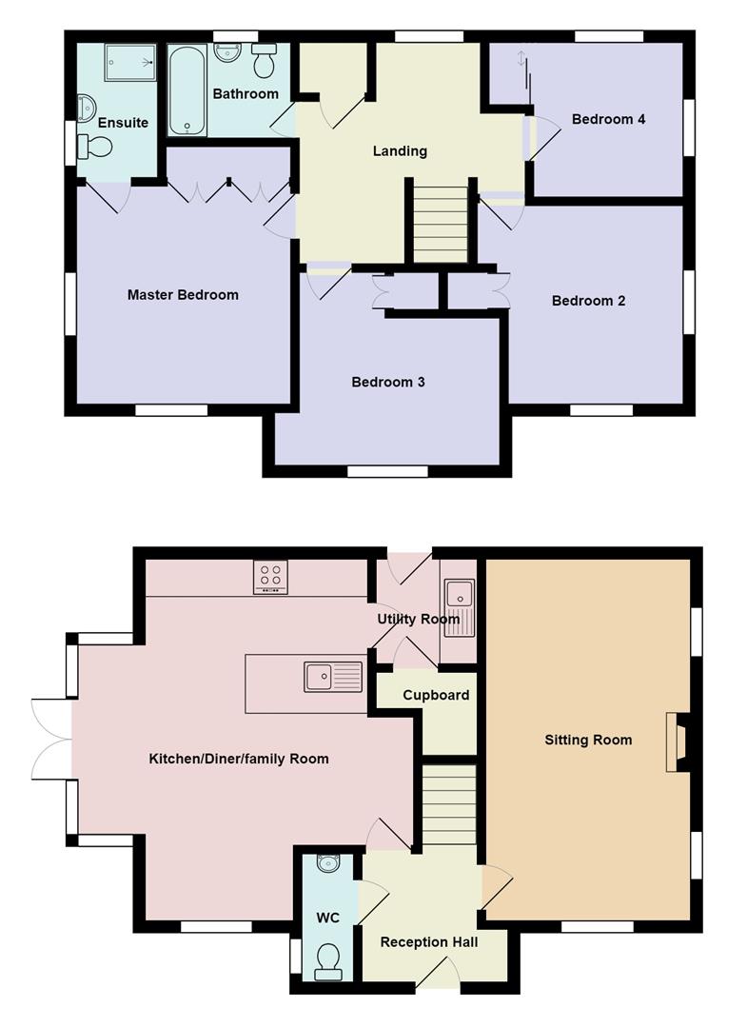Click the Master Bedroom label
183,295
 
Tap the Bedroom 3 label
388,383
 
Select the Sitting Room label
588,741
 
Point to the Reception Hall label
429,942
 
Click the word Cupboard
436,695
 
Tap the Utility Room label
418,619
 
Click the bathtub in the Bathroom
188,89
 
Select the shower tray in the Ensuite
130,62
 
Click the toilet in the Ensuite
94,147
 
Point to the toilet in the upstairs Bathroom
265,60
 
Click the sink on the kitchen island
333,677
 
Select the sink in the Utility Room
460,607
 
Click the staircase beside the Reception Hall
448,804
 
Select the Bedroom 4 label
609,119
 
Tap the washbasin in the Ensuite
86,108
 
